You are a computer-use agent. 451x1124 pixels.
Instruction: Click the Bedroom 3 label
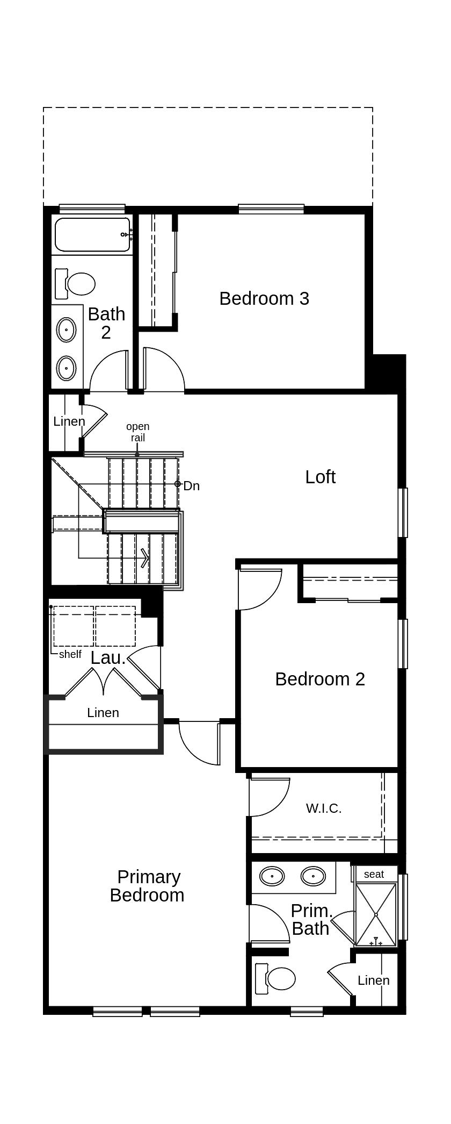point(264,298)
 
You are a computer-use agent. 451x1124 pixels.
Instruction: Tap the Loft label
point(321,477)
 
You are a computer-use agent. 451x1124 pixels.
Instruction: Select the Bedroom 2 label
point(320,679)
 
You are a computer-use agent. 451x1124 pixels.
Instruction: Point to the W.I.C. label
point(324,808)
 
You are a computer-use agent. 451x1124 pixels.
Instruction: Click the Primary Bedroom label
point(148,885)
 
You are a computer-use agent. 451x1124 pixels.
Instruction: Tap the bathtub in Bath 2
point(93,234)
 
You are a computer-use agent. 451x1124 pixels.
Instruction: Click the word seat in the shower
point(374,874)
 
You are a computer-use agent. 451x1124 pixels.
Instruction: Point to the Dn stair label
point(192,486)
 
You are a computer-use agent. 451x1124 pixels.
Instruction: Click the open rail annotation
point(138,432)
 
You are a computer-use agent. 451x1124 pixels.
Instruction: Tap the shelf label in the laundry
point(70,654)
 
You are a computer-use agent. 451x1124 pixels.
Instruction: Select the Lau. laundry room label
point(108,658)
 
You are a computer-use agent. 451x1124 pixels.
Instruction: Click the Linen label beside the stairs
point(69,421)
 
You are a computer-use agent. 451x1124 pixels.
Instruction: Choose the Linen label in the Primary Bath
point(374,980)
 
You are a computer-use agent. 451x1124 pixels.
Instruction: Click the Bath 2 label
point(106,323)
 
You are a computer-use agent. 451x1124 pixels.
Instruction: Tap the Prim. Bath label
point(311,920)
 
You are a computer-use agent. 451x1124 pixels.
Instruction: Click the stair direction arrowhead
point(145,558)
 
